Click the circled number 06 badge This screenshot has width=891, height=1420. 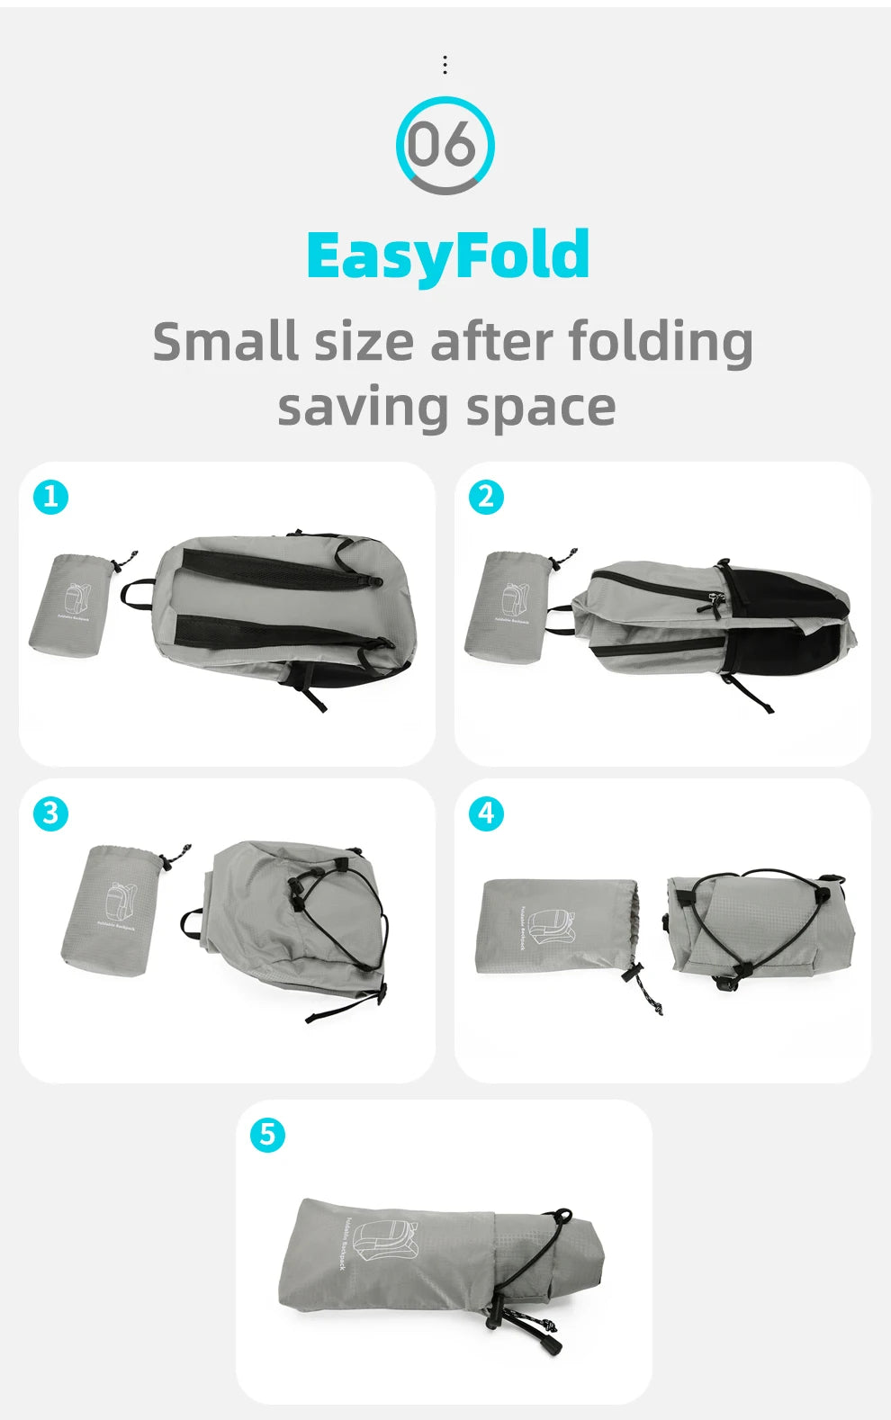coord(445,145)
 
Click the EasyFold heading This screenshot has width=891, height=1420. coord(447,256)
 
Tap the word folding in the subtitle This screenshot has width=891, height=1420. coord(661,342)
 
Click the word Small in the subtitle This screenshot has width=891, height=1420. coord(225,342)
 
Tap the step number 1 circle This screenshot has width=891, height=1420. coord(50,497)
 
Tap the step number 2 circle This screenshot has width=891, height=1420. coord(486,497)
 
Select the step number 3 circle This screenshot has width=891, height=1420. coord(50,813)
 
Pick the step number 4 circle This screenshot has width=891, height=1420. coord(486,813)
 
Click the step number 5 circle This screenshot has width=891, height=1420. coord(267,1134)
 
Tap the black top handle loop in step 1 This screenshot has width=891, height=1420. coord(135,594)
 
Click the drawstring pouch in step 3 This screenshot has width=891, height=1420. coord(112,909)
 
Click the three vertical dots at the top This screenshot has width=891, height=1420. coord(445,65)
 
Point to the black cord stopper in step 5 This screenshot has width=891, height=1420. coord(550,1346)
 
